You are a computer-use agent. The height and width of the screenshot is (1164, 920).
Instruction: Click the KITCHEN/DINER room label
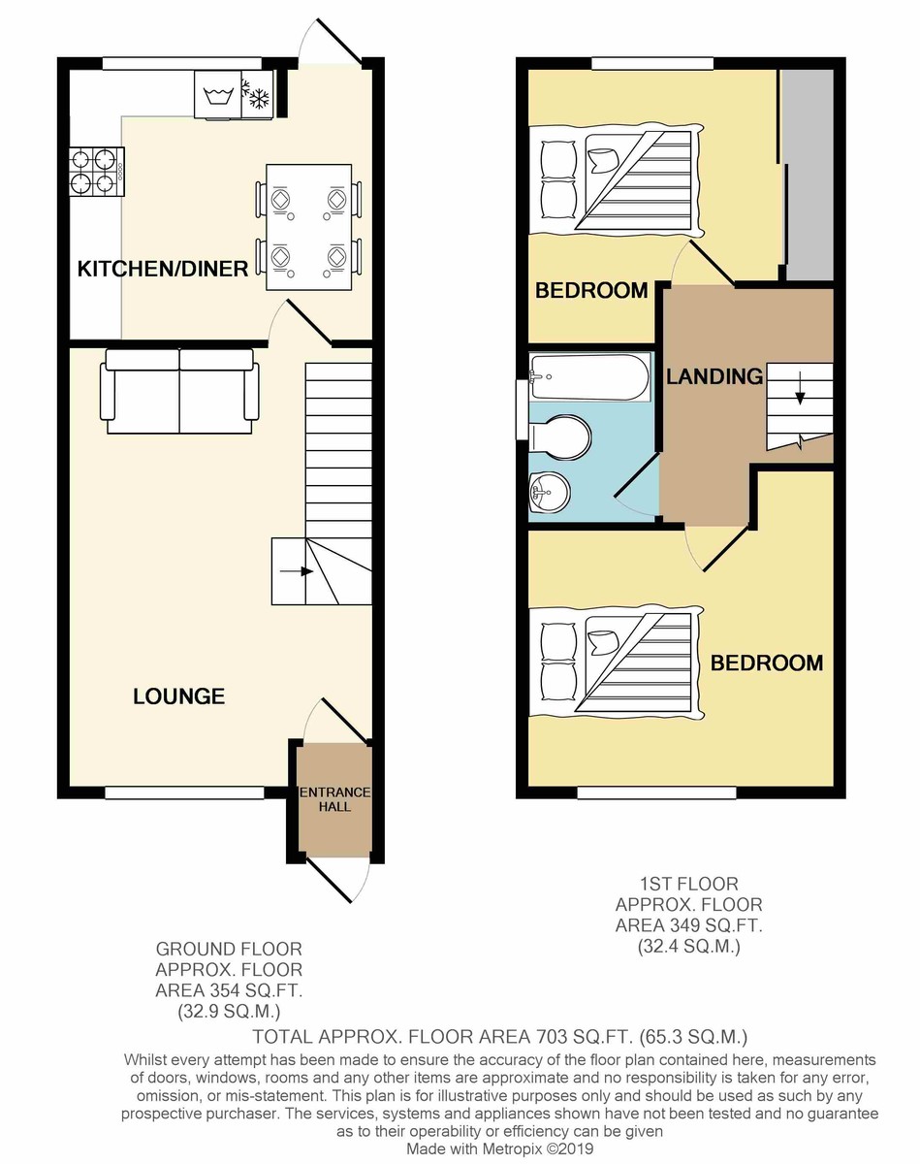(x=163, y=269)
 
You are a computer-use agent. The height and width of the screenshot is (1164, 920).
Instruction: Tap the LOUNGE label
(x=179, y=696)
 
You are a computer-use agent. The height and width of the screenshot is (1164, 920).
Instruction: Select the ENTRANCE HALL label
(x=335, y=799)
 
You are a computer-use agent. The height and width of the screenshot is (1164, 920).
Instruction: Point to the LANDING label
(x=714, y=376)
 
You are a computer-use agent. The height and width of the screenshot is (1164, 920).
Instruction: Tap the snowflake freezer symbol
(x=257, y=94)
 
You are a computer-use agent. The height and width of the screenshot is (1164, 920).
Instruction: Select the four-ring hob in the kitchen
(x=97, y=172)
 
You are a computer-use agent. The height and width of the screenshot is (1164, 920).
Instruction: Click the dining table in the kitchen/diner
(x=308, y=227)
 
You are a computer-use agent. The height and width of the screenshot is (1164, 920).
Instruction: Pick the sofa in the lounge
(x=179, y=391)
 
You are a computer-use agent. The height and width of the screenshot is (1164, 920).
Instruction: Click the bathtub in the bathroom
(x=588, y=377)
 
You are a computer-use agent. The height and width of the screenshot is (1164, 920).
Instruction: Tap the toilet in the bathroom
(x=560, y=437)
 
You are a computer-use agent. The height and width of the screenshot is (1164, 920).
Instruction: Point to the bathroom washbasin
(x=550, y=491)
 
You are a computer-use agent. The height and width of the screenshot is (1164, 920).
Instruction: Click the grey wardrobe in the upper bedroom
(x=809, y=176)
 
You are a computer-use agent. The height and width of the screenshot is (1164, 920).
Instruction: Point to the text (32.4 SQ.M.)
(x=688, y=946)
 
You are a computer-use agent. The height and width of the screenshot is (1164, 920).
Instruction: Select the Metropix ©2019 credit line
(x=500, y=1148)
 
